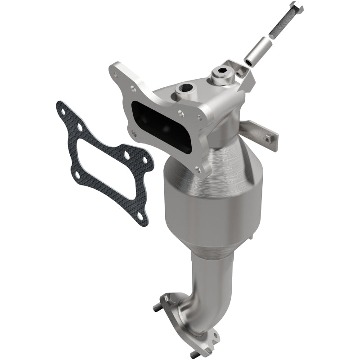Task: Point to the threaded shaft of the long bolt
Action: click(281, 23)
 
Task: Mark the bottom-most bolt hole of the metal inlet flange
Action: click(198, 169)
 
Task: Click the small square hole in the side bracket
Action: click(268, 139)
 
